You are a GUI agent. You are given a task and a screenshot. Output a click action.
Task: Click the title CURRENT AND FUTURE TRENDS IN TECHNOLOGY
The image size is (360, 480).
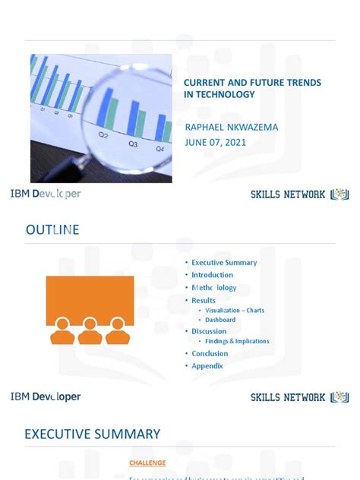(253, 88)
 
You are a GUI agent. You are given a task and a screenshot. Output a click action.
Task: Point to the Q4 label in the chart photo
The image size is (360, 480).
(160, 150)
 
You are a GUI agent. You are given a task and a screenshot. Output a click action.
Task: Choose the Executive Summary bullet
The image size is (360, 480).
(224, 263)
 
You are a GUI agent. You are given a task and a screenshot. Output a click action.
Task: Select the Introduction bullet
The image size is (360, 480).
(213, 275)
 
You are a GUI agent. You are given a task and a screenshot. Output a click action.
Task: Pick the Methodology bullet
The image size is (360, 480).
(214, 288)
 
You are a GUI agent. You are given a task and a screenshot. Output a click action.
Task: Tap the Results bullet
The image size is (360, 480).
(204, 301)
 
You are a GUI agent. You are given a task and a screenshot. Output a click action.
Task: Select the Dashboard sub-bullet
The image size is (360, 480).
(220, 320)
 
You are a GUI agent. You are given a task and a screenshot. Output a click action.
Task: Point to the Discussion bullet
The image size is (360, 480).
(209, 331)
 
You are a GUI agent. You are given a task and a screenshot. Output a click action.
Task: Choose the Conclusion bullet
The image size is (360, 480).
(210, 353)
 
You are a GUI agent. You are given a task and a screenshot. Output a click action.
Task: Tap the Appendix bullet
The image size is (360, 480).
(207, 366)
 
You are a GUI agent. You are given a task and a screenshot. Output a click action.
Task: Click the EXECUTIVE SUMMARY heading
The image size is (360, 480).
(92, 434)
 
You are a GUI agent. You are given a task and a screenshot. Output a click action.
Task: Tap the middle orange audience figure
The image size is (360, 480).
(90, 331)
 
